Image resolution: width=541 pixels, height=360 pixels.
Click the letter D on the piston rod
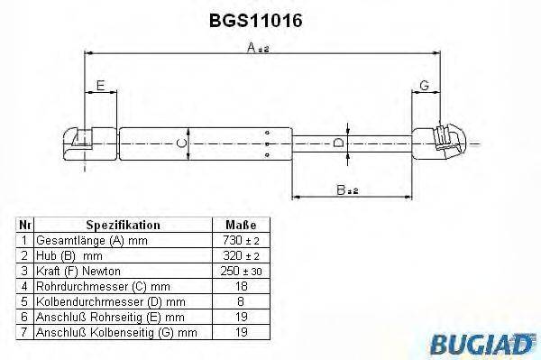[x=338, y=142]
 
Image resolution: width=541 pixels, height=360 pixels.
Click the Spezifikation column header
[x=123, y=225]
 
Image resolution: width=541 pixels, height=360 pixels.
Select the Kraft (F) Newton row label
[x=78, y=272]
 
